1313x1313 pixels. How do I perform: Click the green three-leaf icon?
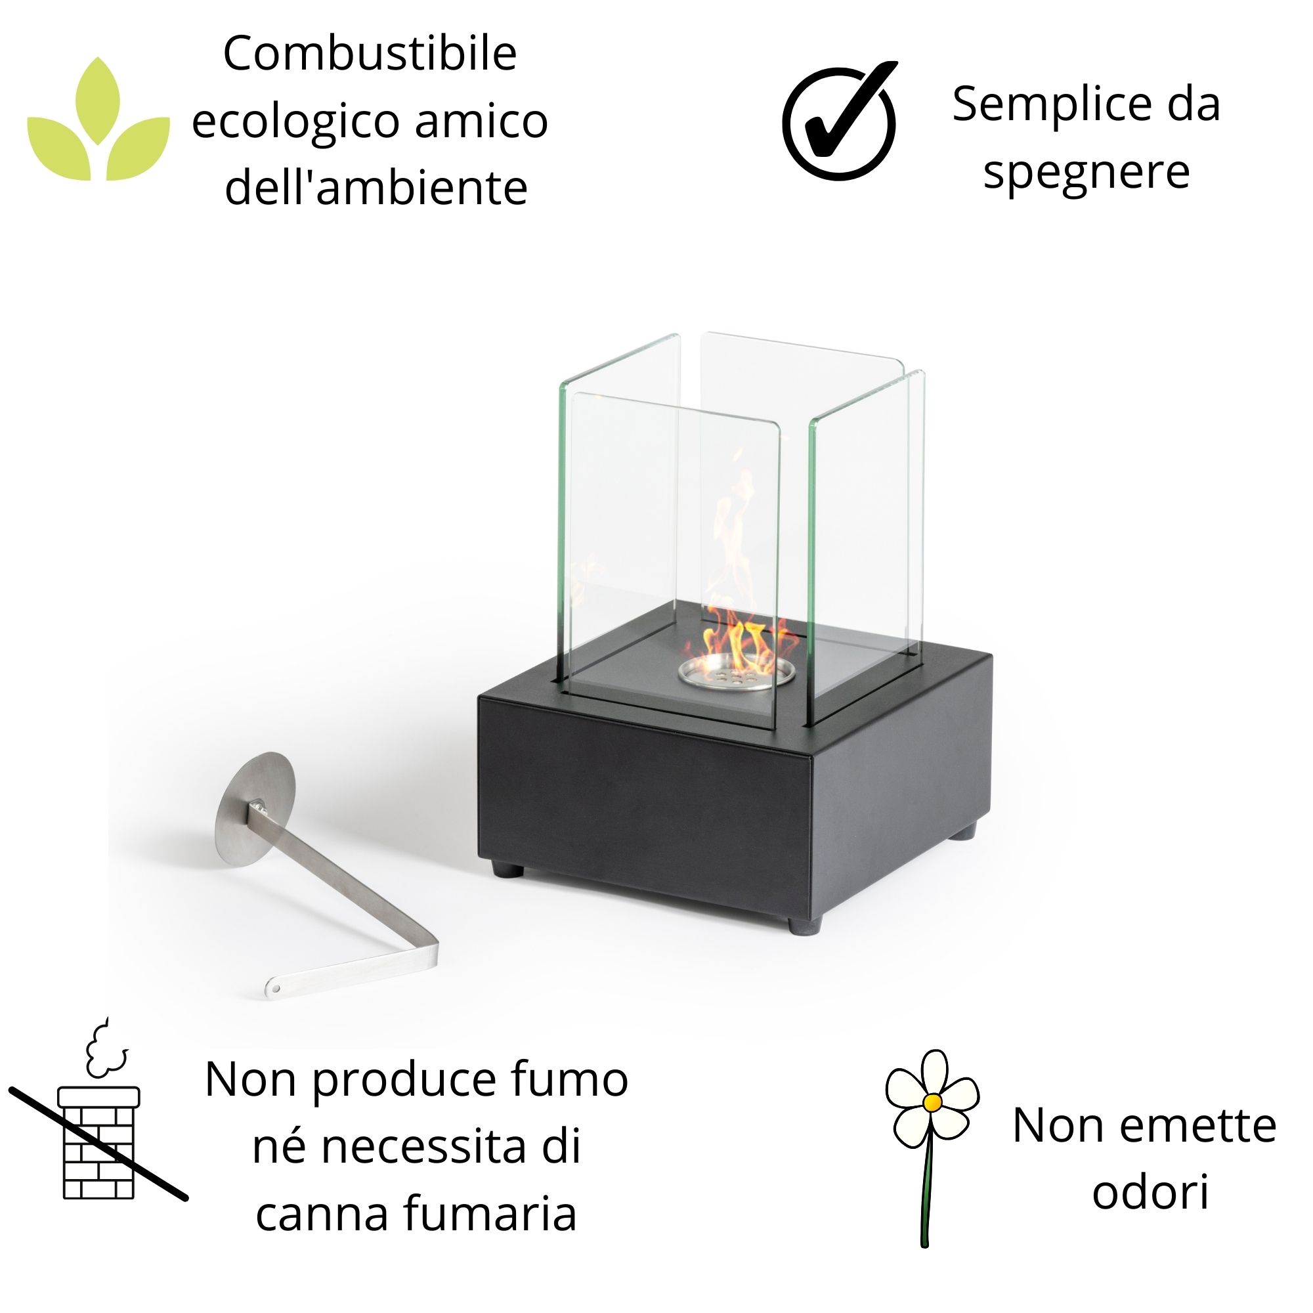click(98, 122)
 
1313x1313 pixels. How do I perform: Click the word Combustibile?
click(370, 54)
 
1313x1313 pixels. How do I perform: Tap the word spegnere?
click(1086, 171)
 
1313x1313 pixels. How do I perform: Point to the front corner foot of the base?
click(806, 924)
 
